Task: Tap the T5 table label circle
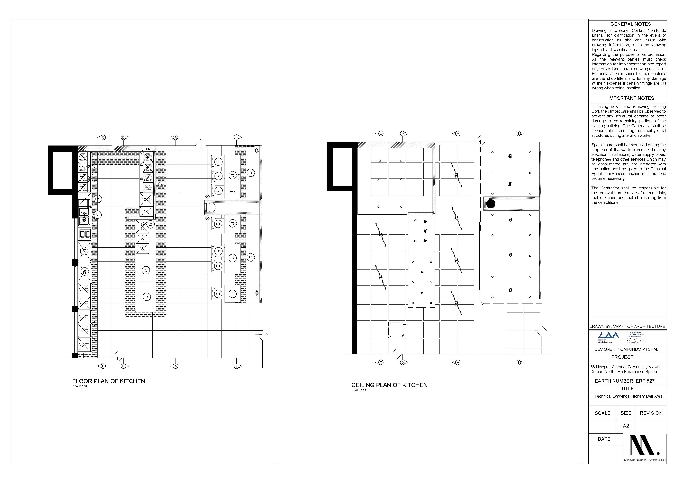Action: [x=232, y=176]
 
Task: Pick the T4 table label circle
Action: [x=232, y=258]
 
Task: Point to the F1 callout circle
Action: [x=150, y=224]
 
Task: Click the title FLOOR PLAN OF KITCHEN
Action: [x=109, y=381]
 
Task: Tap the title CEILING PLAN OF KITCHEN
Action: [x=389, y=385]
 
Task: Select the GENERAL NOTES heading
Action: [x=631, y=24]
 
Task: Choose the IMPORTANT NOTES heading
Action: [x=631, y=98]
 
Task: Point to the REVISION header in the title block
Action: [x=651, y=413]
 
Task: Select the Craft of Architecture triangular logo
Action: [x=609, y=335]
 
